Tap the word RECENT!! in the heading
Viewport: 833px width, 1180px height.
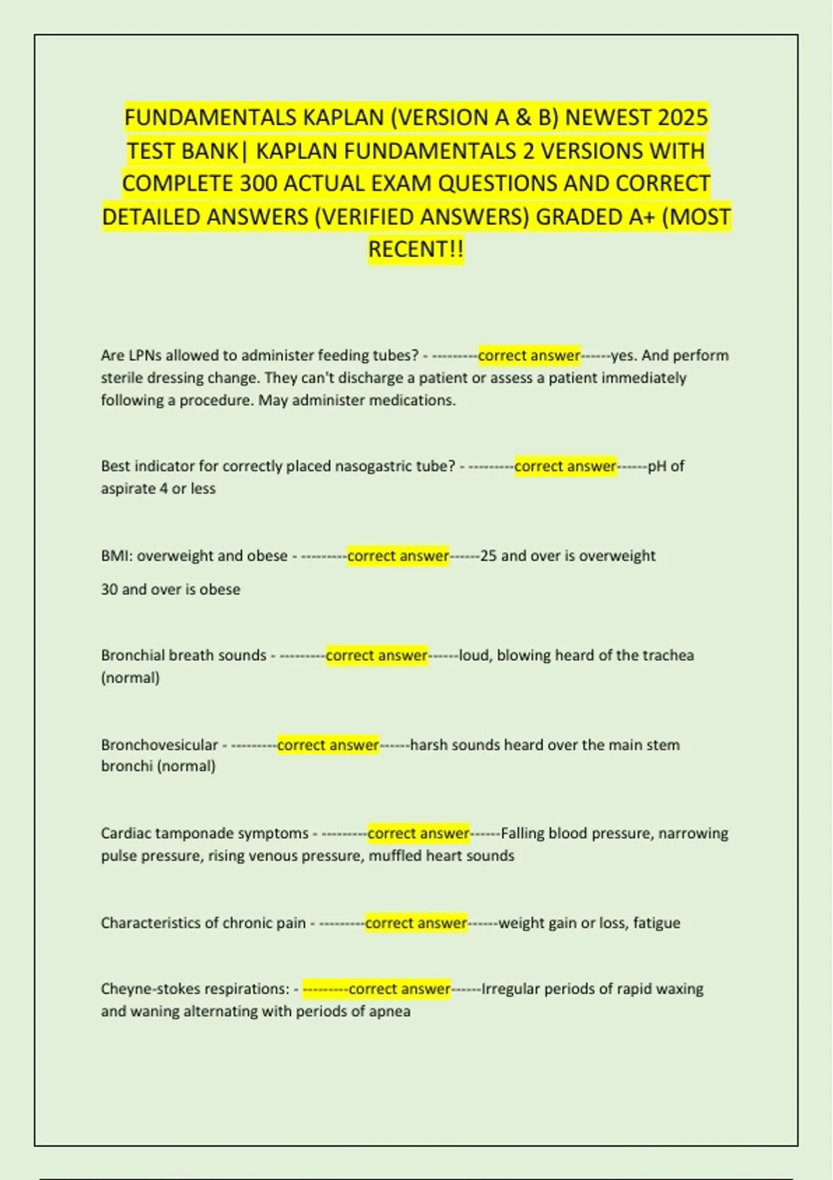415,249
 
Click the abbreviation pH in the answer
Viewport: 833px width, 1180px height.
657,466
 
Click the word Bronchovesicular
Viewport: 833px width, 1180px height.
159,745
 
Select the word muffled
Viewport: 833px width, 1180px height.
394,856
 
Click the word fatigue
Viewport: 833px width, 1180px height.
656,923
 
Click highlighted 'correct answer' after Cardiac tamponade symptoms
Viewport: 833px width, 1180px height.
419,833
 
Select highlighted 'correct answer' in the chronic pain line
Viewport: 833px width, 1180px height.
416,923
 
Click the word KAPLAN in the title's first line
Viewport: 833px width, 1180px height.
343,117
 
